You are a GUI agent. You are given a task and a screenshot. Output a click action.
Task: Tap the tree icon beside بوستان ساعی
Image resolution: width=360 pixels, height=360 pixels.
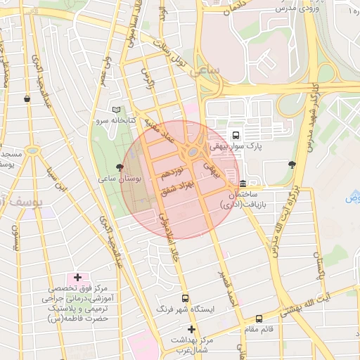pos(120,167)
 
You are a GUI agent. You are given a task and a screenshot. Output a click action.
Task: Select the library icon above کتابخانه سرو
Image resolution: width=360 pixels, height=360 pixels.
pos(117,110)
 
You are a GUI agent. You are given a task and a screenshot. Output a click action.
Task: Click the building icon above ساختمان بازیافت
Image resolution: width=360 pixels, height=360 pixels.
pos(243,184)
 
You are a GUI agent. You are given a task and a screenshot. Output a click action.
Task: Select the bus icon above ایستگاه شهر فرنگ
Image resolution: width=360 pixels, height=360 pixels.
pos(185,297)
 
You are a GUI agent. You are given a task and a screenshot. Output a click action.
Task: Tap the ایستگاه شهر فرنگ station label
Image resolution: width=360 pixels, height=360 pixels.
pos(184,309)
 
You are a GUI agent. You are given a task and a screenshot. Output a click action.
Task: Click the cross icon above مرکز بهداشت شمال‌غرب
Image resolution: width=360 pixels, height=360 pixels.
pos(191,329)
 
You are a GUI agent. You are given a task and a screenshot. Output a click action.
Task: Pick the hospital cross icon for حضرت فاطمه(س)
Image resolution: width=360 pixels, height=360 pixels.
pos(77,278)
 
